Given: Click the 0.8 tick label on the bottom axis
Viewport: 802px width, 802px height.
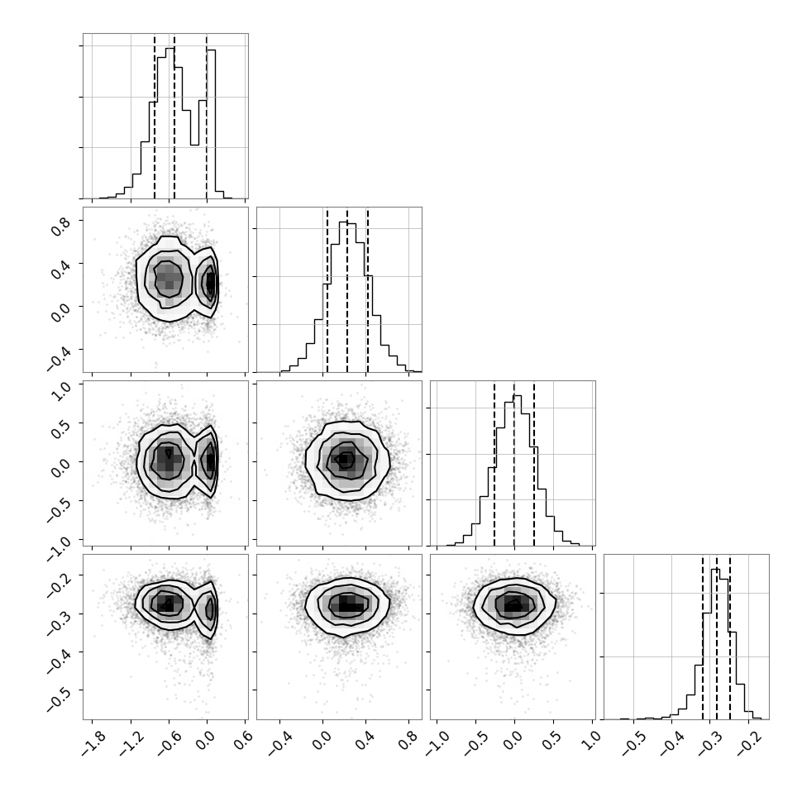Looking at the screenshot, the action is tap(408, 741).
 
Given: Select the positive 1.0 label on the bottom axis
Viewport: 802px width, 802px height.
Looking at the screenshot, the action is tap(592, 741).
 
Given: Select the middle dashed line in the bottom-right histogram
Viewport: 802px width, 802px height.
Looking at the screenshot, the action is tap(717, 637).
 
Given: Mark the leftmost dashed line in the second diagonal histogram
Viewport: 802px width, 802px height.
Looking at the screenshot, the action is tap(327, 289).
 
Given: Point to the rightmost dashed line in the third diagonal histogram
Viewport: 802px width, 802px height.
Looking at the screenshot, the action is tap(534, 463).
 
